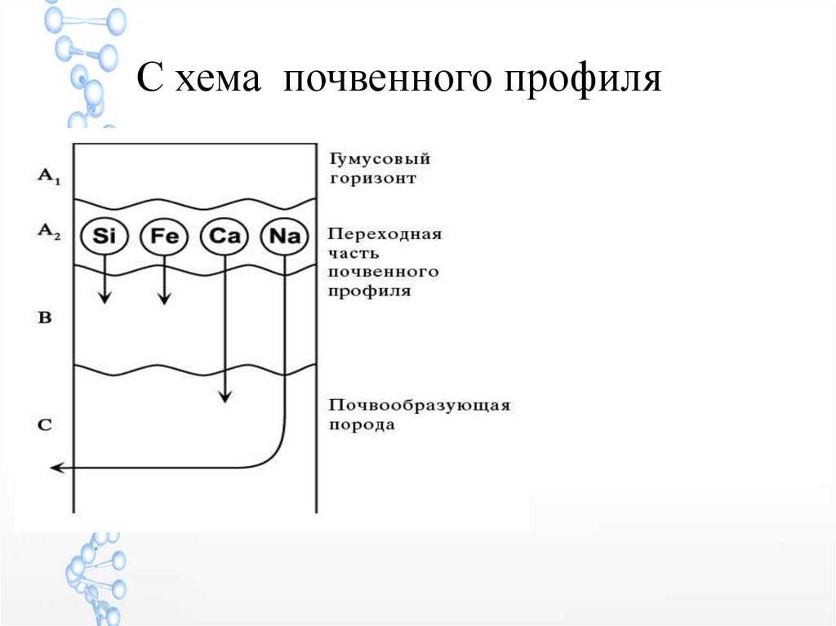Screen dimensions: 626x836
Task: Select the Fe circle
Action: [164, 238]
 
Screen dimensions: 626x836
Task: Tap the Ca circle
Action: [223, 238]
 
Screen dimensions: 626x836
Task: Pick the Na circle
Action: [284, 238]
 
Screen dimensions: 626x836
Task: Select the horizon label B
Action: [45, 317]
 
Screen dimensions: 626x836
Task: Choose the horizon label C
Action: [46, 424]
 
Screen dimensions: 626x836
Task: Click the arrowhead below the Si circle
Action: [104, 298]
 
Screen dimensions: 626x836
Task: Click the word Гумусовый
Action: [380, 159]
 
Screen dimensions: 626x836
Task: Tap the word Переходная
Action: [385, 234]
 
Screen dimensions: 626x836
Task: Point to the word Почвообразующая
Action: [420, 405]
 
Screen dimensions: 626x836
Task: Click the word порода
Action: [362, 424]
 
